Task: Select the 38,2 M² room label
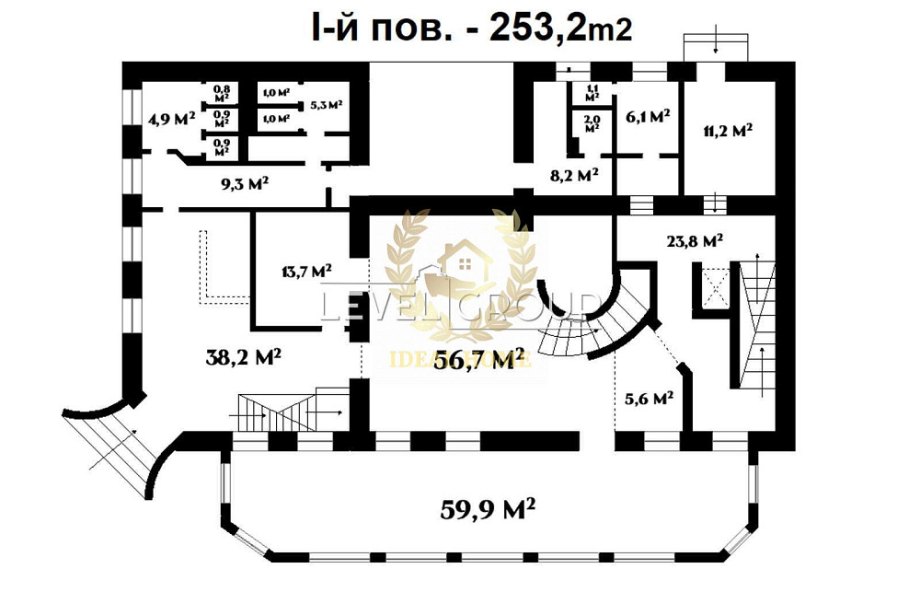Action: tap(243, 357)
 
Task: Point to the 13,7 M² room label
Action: tap(305, 271)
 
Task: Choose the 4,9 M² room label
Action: tap(171, 119)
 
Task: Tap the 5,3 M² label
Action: tap(326, 105)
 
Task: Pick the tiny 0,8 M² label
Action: tap(222, 93)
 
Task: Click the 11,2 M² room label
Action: tap(728, 130)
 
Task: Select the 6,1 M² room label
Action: tap(647, 116)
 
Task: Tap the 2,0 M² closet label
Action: tap(592, 122)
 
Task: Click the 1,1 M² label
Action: tap(592, 92)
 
